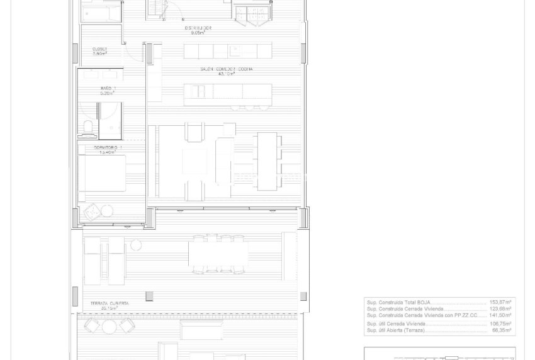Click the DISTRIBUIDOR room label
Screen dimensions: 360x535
(199, 28)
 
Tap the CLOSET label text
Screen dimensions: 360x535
(100, 48)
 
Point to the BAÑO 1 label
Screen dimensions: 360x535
(107, 88)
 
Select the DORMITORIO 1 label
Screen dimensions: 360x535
(108, 147)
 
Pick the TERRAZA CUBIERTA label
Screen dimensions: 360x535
(110, 303)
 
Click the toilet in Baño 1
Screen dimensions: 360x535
(87, 129)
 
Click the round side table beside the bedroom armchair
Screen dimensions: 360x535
(108, 211)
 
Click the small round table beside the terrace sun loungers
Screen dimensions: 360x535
(136, 245)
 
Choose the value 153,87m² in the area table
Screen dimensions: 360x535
(500, 303)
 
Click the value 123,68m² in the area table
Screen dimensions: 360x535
(500, 309)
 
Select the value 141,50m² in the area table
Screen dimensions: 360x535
(500, 315)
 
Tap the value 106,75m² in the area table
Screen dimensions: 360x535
(500, 323)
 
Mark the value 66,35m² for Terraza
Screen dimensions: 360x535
(502, 330)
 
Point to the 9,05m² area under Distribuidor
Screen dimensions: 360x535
(199, 33)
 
